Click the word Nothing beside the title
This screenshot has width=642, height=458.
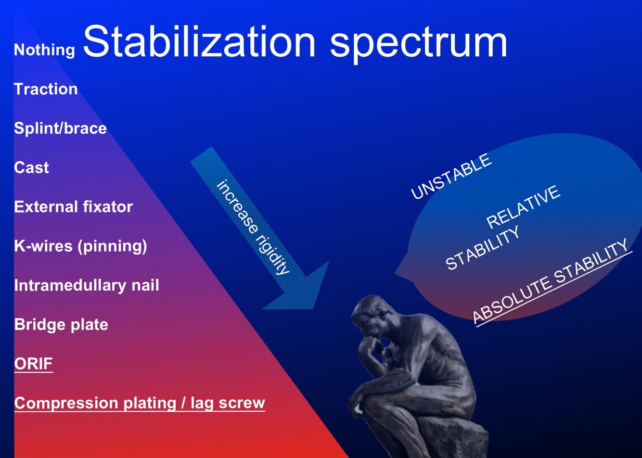point(44,50)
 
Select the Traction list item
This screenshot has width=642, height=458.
point(46,89)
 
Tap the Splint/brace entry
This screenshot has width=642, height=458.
point(60,128)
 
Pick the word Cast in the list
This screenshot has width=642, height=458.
point(31,167)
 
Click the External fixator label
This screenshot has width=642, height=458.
point(73,206)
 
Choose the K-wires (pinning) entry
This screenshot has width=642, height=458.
point(80,246)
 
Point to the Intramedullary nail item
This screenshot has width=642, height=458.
point(87,286)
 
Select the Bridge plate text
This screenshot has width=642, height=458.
point(61,325)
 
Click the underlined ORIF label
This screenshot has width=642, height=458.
point(34,364)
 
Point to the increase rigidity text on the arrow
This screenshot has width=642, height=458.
point(253,227)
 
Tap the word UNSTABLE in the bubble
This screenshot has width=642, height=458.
point(451,176)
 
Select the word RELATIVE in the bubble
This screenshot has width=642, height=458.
point(523,207)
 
